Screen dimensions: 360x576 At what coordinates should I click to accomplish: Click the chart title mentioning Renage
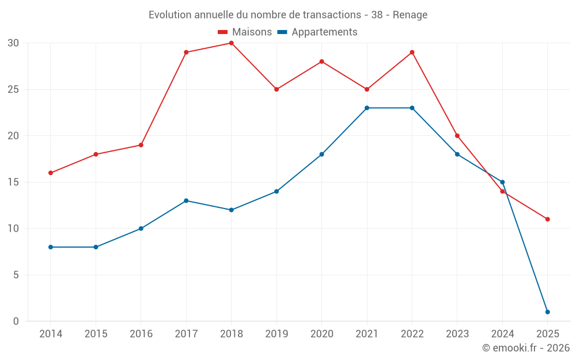click(288, 15)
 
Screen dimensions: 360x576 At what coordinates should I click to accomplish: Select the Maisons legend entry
click(245, 32)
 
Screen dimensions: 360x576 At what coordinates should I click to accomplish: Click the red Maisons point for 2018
click(231, 43)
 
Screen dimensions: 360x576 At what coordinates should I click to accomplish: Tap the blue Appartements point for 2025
click(547, 312)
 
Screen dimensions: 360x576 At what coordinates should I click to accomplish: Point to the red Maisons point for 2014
click(51, 173)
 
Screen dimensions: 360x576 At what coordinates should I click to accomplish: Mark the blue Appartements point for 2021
click(367, 108)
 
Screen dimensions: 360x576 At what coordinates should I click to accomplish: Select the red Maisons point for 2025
click(547, 219)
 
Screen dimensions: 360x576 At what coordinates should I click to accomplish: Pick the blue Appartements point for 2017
click(186, 200)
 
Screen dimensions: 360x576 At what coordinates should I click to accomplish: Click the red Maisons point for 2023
click(457, 136)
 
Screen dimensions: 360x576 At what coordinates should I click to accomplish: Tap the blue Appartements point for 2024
click(502, 182)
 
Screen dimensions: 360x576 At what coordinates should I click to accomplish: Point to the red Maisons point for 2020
click(321, 62)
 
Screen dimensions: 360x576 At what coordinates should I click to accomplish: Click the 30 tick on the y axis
click(13, 43)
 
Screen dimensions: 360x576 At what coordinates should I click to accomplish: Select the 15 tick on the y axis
click(13, 183)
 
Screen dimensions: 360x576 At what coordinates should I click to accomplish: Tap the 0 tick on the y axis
click(16, 321)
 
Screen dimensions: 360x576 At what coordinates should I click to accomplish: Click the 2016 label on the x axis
click(141, 334)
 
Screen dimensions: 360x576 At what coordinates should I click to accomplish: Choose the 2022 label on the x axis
click(412, 334)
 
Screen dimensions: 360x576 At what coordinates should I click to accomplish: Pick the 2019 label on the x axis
click(276, 334)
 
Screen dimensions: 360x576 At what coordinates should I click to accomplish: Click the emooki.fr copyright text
click(526, 348)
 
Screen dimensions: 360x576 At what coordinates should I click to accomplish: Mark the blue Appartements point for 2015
click(96, 247)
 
